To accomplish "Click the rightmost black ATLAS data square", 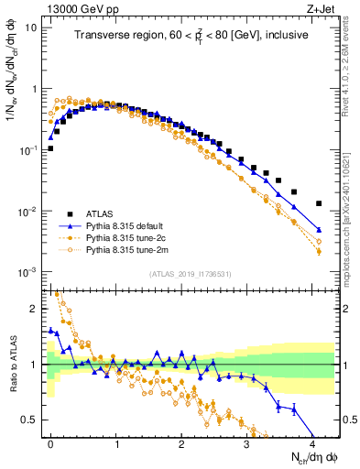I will pos(319,203).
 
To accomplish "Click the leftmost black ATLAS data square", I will pos(50,147).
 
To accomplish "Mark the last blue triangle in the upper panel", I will pos(319,230).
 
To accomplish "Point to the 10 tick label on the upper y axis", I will pos(31,27).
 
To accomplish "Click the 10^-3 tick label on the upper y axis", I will pos(27,272).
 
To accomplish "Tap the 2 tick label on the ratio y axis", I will pos(34,309).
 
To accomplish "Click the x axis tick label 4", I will pos(312,443).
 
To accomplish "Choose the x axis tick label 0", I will pos(50,443).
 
